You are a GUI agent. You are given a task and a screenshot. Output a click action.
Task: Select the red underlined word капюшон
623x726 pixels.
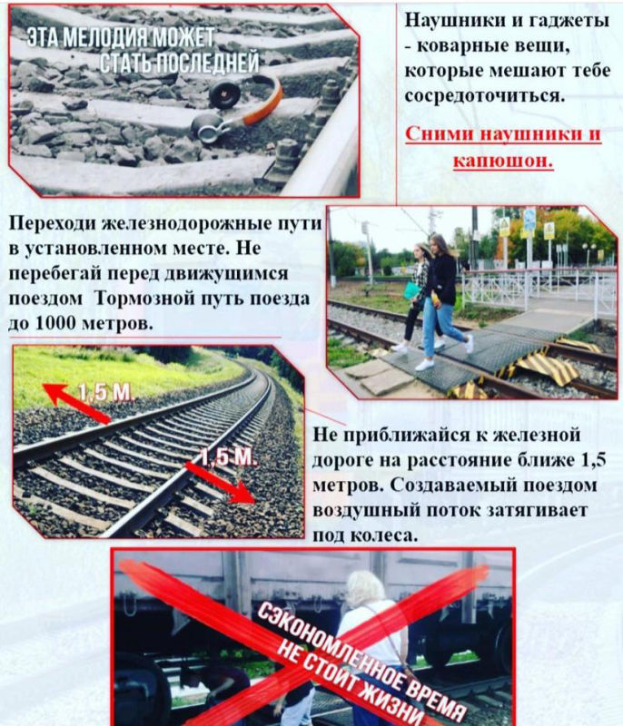pyautogui.click(x=503, y=161)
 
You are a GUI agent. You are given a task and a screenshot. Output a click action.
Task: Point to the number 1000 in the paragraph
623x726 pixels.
pyautogui.click(x=55, y=323)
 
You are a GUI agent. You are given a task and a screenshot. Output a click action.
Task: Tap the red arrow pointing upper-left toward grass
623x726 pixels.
pyautogui.click(x=76, y=402)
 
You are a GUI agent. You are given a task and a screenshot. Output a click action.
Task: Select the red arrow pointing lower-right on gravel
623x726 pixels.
pyautogui.click(x=220, y=482)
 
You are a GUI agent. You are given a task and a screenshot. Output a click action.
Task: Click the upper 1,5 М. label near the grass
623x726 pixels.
pyautogui.click(x=106, y=393)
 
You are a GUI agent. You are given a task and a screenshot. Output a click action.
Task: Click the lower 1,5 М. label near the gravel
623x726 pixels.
pyautogui.click(x=227, y=457)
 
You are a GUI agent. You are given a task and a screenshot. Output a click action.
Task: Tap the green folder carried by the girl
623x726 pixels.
pyautogui.click(x=411, y=290)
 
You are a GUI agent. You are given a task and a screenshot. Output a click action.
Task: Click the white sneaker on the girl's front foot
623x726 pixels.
pyautogui.click(x=424, y=365)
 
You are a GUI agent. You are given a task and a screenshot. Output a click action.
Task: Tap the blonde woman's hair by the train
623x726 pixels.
pyautogui.click(x=365, y=587)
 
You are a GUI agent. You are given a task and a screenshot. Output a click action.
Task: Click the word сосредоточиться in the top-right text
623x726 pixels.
pyautogui.click(x=485, y=96)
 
